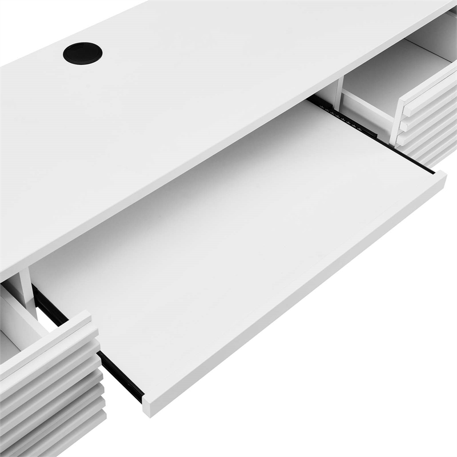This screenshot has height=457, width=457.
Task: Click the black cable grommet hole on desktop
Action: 83,53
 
